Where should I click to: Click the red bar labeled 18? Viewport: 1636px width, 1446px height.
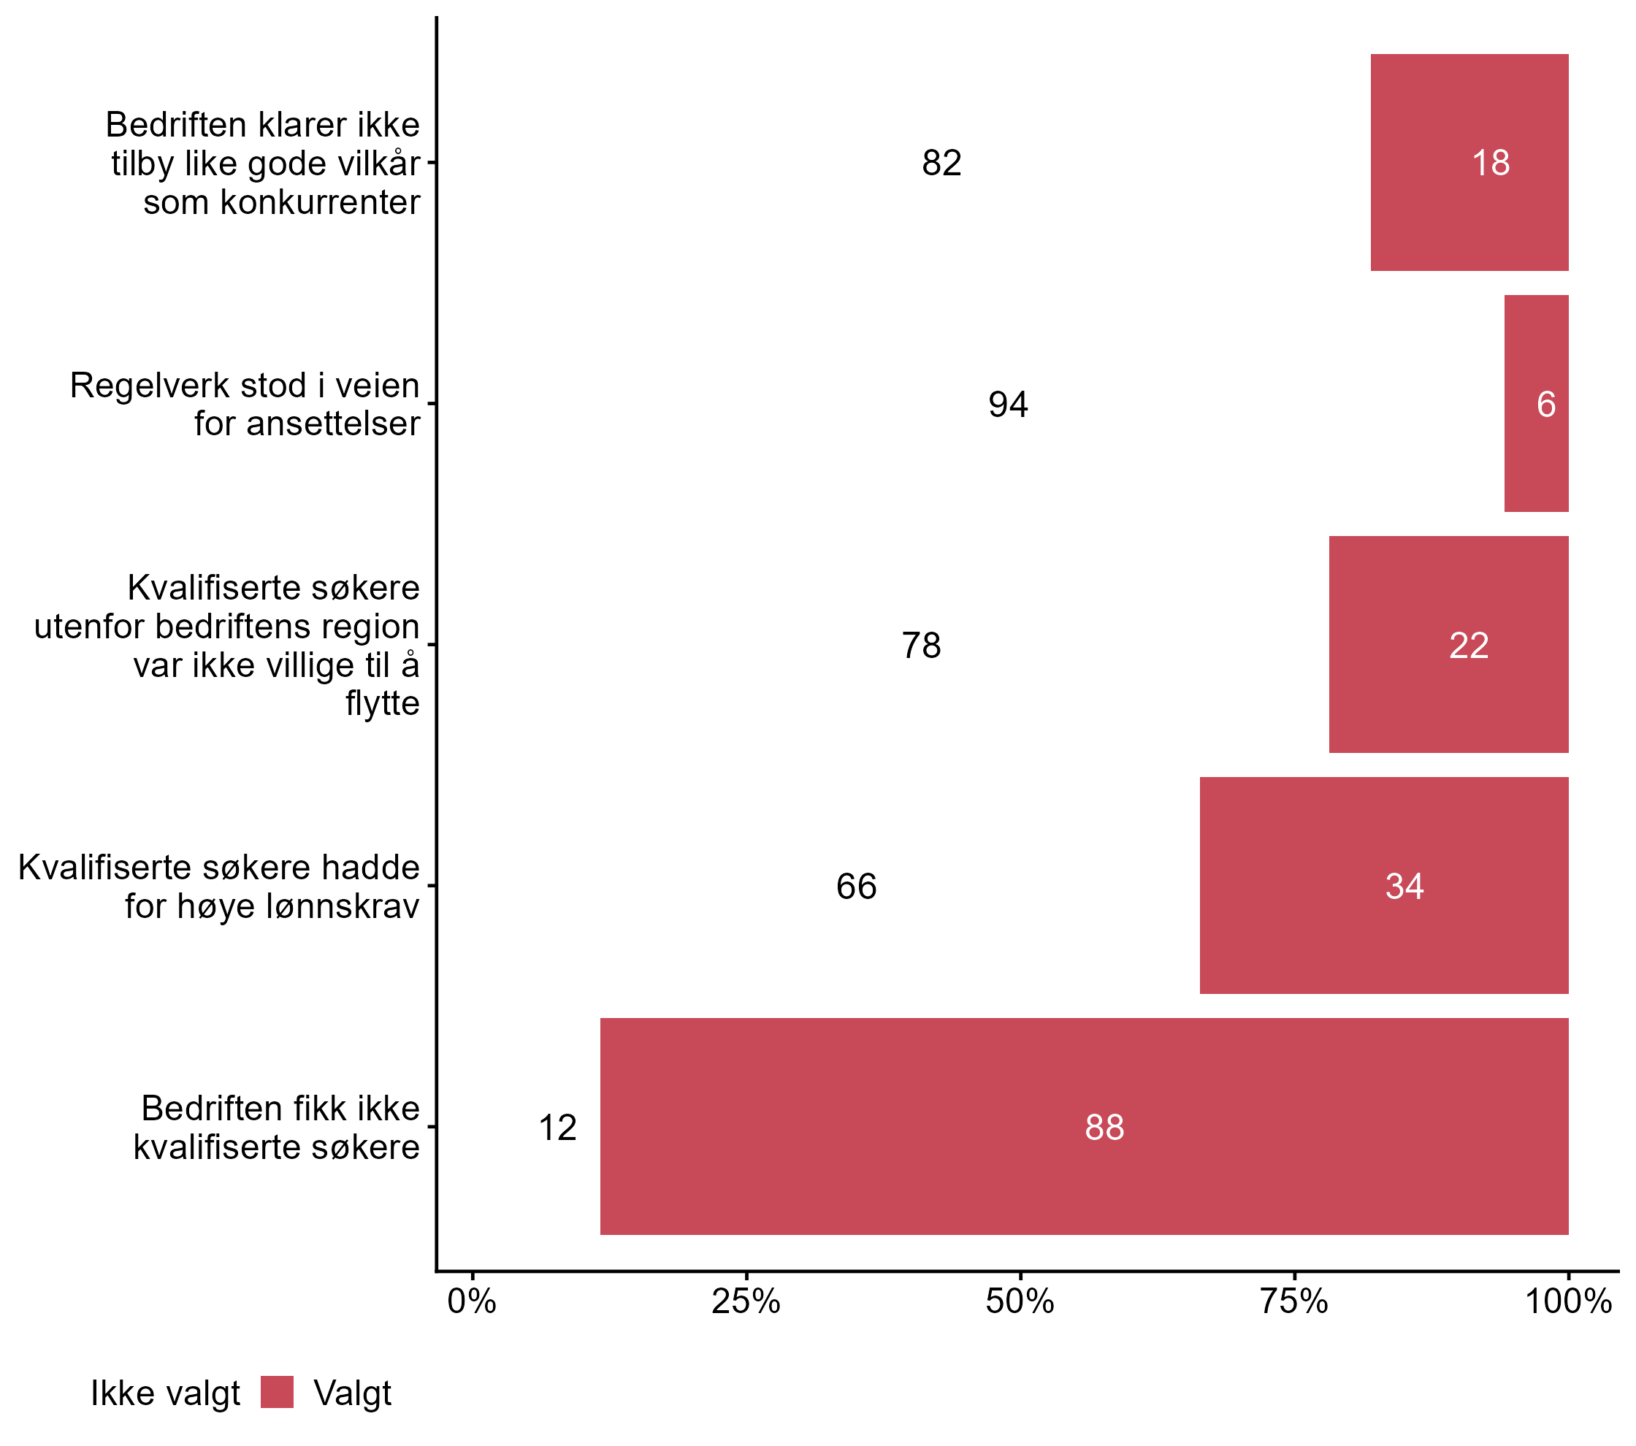[x=1469, y=162]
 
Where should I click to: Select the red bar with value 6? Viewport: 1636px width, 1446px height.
[x=1536, y=403]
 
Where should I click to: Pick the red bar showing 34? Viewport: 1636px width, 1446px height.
[x=1383, y=885]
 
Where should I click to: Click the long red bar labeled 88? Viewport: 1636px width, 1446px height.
[x=1084, y=1126]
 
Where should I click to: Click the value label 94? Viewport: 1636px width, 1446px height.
[x=1008, y=404]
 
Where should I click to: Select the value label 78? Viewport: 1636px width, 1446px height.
[x=921, y=645]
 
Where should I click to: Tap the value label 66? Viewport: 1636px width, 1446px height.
[x=856, y=887]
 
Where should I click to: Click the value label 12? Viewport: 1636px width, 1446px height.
[x=557, y=1128]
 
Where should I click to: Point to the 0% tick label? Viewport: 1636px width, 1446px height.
[x=473, y=1302]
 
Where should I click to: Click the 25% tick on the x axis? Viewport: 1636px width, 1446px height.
[x=746, y=1302]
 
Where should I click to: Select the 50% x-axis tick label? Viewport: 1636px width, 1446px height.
[x=1020, y=1302]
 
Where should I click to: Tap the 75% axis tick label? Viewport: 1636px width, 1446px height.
[x=1294, y=1302]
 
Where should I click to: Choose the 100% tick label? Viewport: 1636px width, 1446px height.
[x=1567, y=1302]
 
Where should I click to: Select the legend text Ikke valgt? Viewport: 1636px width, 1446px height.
[x=165, y=1393]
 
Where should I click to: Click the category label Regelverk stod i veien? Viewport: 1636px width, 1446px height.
[x=244, y=386]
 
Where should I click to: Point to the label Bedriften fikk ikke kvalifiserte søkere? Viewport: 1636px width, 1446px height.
[x=277, y=1128]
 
